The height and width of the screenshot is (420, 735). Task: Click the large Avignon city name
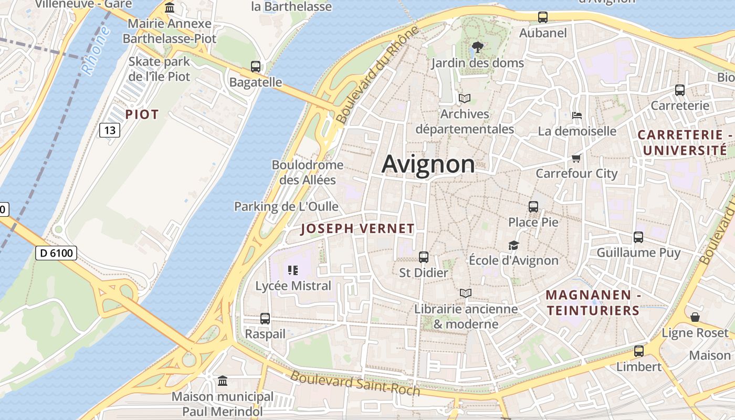point(428,164)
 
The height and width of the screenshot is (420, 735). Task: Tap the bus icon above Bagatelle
point(256,67)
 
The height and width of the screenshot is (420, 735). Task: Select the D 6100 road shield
point(57,254)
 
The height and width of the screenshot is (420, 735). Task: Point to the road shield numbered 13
point(110,130)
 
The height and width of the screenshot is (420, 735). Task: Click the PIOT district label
point(142,114)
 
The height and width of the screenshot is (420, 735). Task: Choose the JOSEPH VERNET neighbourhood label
point(358,229)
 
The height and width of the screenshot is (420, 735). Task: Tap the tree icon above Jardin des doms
point(477,48)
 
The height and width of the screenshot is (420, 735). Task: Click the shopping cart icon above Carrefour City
point(576,158)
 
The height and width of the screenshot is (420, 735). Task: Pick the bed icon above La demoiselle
point(576,115)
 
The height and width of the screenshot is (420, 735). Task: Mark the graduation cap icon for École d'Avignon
point(513,245)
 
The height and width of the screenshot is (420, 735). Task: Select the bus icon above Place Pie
point(533,207)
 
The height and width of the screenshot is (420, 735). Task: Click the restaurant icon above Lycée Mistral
point(293,270)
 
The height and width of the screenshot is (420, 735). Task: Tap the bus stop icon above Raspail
point(265,319)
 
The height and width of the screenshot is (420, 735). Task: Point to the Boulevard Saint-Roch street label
point(355,384)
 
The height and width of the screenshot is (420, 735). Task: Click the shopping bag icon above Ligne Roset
point(695,317)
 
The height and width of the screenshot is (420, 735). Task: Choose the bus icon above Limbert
point(639,351)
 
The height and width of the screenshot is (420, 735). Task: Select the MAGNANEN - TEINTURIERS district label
point(593,303)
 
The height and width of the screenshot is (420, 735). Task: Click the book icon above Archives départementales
point(465,98)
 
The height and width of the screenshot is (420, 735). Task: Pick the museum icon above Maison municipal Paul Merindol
point(223,381)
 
